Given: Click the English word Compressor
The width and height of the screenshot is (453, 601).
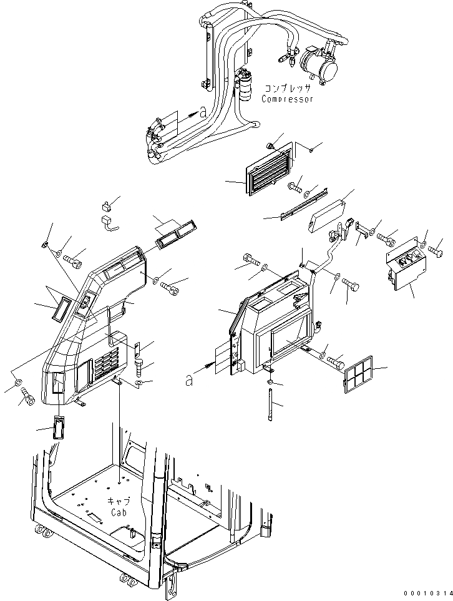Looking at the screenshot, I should click(287, 99).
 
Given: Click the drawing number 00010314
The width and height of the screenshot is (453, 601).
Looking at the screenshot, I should click(426, 594).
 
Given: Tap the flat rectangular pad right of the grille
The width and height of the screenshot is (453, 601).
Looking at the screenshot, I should click(324, 214).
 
